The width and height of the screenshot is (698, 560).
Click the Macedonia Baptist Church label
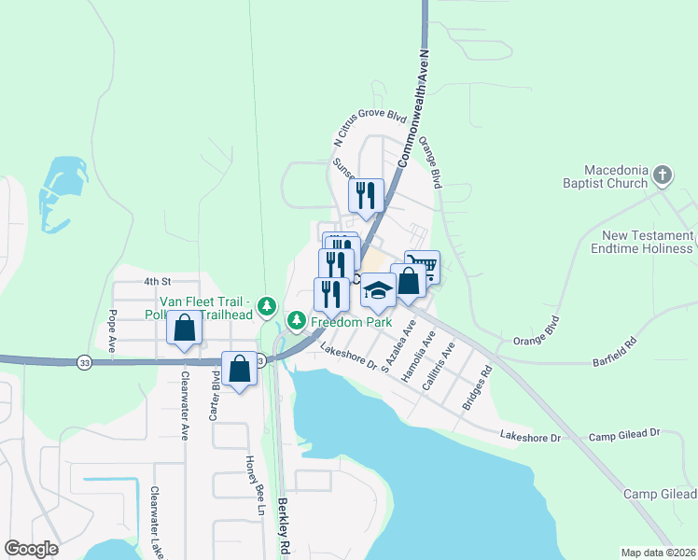pos(616,176)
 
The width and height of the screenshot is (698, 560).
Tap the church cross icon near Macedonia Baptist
pos(662,175)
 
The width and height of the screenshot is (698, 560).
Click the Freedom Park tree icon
pos(297,322)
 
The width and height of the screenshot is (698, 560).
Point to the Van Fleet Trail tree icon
pos(267,305)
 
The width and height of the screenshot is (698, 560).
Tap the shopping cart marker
pos(422,265)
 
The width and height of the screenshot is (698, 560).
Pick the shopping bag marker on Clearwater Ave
pos(185,329)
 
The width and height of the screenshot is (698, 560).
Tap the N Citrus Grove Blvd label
pos(370,129)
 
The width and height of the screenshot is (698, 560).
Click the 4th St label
pos(159,280)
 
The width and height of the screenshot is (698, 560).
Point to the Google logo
pos(31,548)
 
